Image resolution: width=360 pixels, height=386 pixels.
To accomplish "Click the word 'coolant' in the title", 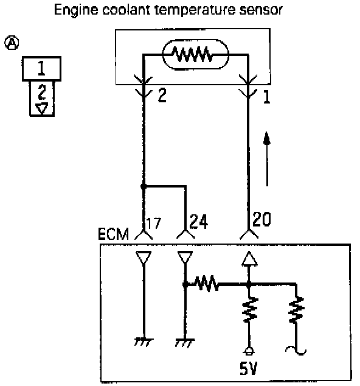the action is pos(126,10).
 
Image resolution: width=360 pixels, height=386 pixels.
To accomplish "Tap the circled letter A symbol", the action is pos(12,43).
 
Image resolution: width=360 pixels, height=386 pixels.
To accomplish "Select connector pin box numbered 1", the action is pos(41,69).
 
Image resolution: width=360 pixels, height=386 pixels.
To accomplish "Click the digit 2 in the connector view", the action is pos(42,93).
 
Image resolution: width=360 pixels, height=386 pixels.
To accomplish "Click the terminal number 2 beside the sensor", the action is pos(162,95).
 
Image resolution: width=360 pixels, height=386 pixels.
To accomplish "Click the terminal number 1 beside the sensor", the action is pos(267,96).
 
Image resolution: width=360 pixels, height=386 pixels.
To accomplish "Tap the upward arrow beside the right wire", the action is pos(267,159).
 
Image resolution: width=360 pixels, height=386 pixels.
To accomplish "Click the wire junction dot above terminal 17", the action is pos(144,186).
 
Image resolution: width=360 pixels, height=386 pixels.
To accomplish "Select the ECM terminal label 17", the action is pos(154,223).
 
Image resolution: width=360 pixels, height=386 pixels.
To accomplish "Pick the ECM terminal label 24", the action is pos(198,221).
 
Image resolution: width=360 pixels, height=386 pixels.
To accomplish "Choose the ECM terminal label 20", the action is pos(261,219).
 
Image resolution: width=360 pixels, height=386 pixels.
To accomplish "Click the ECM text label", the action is pos(113,234).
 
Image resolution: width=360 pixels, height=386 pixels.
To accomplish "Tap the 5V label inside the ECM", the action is pos(248,368).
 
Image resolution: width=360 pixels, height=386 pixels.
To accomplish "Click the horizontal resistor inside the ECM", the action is pos(207,284).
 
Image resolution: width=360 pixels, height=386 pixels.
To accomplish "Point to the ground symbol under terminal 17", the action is pos(144,342).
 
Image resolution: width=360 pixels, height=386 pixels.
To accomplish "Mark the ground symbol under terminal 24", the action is pos(185,343).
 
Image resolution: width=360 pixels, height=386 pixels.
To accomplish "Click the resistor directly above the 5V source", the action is pos(249,310).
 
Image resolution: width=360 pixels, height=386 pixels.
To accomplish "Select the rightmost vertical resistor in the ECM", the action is pos(296,310).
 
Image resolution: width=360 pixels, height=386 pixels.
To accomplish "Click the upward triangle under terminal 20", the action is pos(249,259).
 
